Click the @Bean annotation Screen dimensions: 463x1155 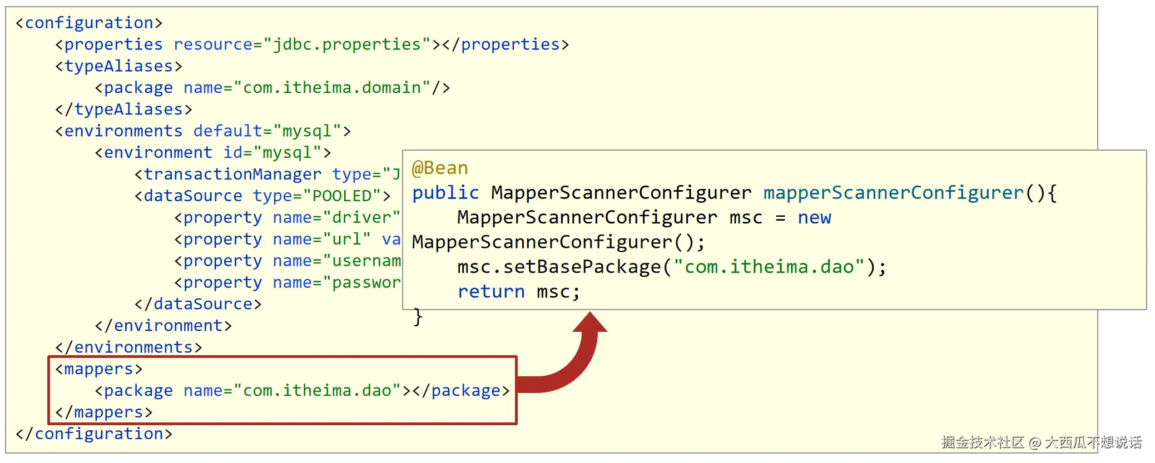point(440,168)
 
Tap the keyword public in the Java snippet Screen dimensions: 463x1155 point(445,193)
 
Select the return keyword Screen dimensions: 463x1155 point(491,291)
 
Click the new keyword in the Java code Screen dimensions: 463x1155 point(814,217)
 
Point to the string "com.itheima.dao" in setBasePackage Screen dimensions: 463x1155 point(769,267)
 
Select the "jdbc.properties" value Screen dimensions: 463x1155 point(347,44)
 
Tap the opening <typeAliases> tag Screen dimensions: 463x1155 point(118,66)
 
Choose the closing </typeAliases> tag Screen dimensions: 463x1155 point(123,109)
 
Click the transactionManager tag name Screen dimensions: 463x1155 point(232,175)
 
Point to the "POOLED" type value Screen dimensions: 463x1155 point(342,196)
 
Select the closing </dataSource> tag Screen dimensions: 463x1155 point(198,304)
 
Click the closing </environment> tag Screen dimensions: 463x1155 point(163,326)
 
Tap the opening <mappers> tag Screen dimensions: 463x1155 point(99,369)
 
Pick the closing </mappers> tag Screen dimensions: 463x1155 point(104,412)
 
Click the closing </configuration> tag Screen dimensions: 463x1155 point(94,434)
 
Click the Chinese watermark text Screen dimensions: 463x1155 point(1041,442)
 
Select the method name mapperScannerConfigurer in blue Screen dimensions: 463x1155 point(893,193)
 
